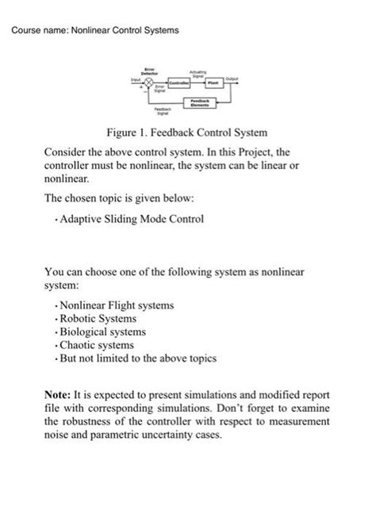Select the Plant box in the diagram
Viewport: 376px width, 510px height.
(x=213, y=81)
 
